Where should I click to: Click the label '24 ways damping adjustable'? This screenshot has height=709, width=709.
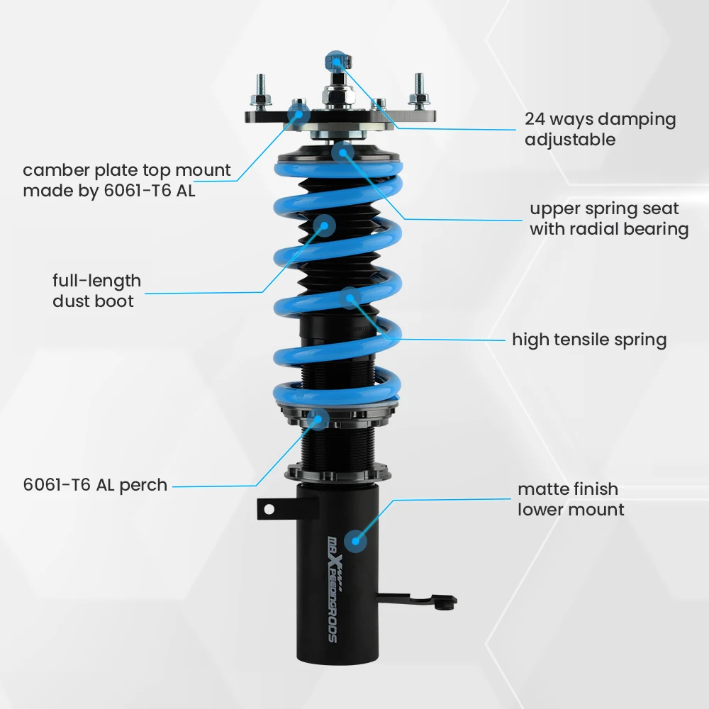click(x=600, y=129)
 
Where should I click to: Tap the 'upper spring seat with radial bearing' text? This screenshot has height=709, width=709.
click(x=608, y=219)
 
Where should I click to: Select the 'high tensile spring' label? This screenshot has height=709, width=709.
click(x=589, y=340)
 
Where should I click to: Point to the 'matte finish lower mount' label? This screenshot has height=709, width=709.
click(x=571, y=499)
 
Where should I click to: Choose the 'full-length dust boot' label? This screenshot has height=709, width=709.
click(x=96, y=291)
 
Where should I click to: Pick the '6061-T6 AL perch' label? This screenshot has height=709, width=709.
click(x=95, y=486)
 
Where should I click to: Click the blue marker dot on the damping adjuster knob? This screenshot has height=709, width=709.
click(x=335, y=60)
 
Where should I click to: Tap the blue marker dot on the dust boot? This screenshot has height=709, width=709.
click(x=325, y=226)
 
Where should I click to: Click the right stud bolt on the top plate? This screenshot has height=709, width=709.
click(x=419, y=89)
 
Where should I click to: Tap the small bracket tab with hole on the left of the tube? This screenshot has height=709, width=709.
click(x=270, y=508)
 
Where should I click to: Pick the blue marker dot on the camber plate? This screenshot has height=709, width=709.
click(x=298, y=111)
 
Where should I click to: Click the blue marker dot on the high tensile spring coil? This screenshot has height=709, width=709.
click(x=350, y=298)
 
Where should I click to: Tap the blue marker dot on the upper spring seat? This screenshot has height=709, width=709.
click(x=342, y=151)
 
